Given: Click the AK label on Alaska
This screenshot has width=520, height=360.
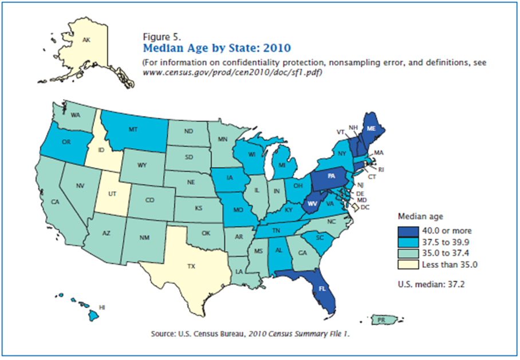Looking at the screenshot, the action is pyautogui.click(x=86, y=40).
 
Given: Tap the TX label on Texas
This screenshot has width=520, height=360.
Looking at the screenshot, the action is pyautogui.click(x=191, y=266).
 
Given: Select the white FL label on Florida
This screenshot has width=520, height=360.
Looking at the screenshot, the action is pyautogui.click(x=322, y=288).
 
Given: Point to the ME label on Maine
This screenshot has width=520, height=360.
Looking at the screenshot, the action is pyautogui.click(x=371, y=128).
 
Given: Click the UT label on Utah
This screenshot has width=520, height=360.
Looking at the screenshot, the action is pyautogui.click(x=112, y=193).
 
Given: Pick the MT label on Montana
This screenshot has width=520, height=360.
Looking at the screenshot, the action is pyautogui.click(x=133, y=129).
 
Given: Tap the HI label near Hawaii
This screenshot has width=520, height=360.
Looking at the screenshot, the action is pyautogui.click(x=102, y=307).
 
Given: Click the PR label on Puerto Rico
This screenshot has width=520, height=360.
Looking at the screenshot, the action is pyautogui.click(x=381, y=320).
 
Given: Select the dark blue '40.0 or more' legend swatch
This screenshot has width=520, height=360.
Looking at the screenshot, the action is pyautogui.click(x=408, y=231).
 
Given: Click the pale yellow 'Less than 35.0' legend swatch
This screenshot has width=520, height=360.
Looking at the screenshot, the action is pyautogui.click(x=408, y=265).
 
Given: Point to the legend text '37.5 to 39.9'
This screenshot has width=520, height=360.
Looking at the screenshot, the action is pyautogui.click(x=446, y=242).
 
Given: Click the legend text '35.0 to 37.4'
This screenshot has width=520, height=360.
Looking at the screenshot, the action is pyautogui.click(x=446, y=254).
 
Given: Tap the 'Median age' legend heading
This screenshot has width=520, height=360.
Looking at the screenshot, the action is pyautogui.click(x=420, y=217).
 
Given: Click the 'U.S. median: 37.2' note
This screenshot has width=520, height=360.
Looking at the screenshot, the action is pyautogui.click(x=431, y=284).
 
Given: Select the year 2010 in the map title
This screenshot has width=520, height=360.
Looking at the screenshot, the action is pyautogui.click(x=277, y=48).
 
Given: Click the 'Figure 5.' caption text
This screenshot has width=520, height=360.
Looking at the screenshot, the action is pyautogui.click(x=162, y=37).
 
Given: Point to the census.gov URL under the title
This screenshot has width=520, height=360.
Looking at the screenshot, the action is pyautogui.click(x=233, y=72).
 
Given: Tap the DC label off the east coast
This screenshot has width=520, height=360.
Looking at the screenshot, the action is pyautogui.click(x=365, y=208).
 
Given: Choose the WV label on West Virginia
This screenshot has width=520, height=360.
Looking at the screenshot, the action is pyautogui.click(x=312, y=204).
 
